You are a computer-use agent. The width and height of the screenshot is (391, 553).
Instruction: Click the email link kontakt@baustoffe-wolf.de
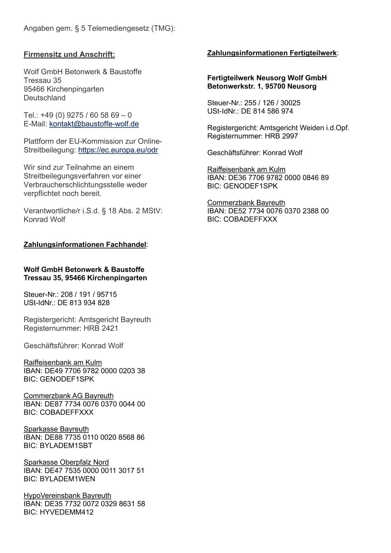(x=94, y=124)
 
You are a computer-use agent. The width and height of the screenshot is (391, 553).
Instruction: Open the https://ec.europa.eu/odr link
(x=118, y=150)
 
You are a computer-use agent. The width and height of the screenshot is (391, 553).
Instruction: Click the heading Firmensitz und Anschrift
(x=69, y=55)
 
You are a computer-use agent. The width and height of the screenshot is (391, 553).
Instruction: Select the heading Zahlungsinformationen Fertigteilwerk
(x=272, y=53)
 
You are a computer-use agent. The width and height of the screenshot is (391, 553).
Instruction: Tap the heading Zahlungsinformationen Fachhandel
(x=85, y=245)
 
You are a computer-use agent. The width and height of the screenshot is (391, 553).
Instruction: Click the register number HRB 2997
(x=281, y=136)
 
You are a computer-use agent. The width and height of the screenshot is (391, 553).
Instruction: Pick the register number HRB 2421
(x=101, y=328)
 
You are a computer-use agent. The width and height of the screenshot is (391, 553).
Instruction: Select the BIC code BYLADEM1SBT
(x=66, y=446)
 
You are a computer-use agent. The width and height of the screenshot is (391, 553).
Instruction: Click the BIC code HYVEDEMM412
(x=67, y=512)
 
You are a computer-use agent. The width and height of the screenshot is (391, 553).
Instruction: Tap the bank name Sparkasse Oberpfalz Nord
(x=66, y=462)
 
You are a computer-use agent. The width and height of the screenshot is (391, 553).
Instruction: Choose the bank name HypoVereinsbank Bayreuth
(x=67, y=495)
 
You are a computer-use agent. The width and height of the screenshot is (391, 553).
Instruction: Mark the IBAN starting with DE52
(x=278, y=211)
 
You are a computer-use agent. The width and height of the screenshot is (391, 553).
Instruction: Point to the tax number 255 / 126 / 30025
(x=272, y=103)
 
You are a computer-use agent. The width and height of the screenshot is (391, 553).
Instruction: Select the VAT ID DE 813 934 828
(x=83, y=303)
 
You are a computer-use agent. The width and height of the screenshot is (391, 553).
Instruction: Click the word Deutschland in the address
(x=45, y=98)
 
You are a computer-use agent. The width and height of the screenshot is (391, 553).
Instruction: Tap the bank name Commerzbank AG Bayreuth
(x=69, y=396)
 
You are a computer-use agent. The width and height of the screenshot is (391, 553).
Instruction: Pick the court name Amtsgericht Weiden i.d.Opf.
(x=304, y=128)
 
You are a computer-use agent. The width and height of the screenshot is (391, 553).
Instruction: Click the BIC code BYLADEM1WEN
(x=67, y=479)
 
